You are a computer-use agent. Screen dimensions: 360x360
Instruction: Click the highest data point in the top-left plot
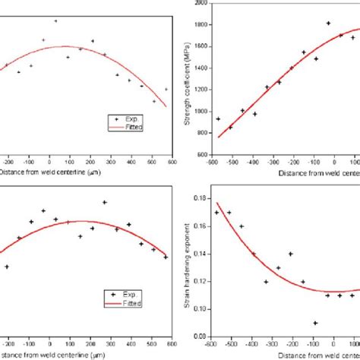click(55, 21)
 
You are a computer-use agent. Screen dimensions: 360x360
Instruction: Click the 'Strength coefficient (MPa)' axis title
click(188, 78)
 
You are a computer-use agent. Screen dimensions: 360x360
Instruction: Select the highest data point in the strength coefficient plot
click(328, 24)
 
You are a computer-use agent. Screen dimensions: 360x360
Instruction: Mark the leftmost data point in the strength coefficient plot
click(218, 118)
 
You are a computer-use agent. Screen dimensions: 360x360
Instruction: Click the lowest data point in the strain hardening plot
click(315, 323)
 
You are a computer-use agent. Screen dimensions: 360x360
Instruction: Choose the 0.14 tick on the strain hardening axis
click(201, 254)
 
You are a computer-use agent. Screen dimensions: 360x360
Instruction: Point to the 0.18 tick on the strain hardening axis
click(201, 198)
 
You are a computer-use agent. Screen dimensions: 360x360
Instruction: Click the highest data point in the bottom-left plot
click(104, 202)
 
